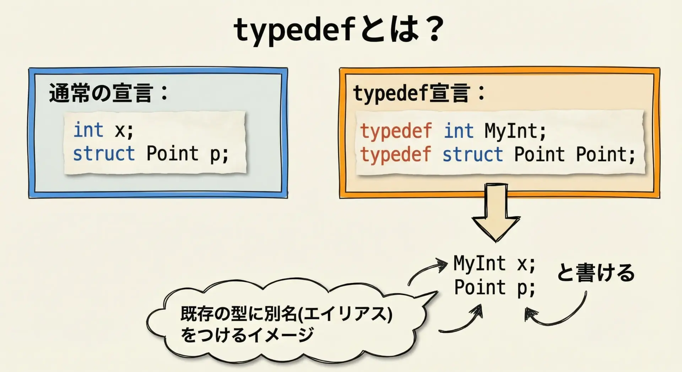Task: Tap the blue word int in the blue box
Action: point(88,130)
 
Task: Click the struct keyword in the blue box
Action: point(104,153)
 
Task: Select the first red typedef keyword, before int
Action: point(396,131)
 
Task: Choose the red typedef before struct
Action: point(396,155)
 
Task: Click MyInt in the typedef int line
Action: point(511,131)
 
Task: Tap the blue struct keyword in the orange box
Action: point(473,155)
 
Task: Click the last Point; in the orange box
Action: point(606,155)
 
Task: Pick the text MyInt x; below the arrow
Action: point(494,264)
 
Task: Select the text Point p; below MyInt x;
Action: point(495,287)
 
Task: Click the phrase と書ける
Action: point(596,273)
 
